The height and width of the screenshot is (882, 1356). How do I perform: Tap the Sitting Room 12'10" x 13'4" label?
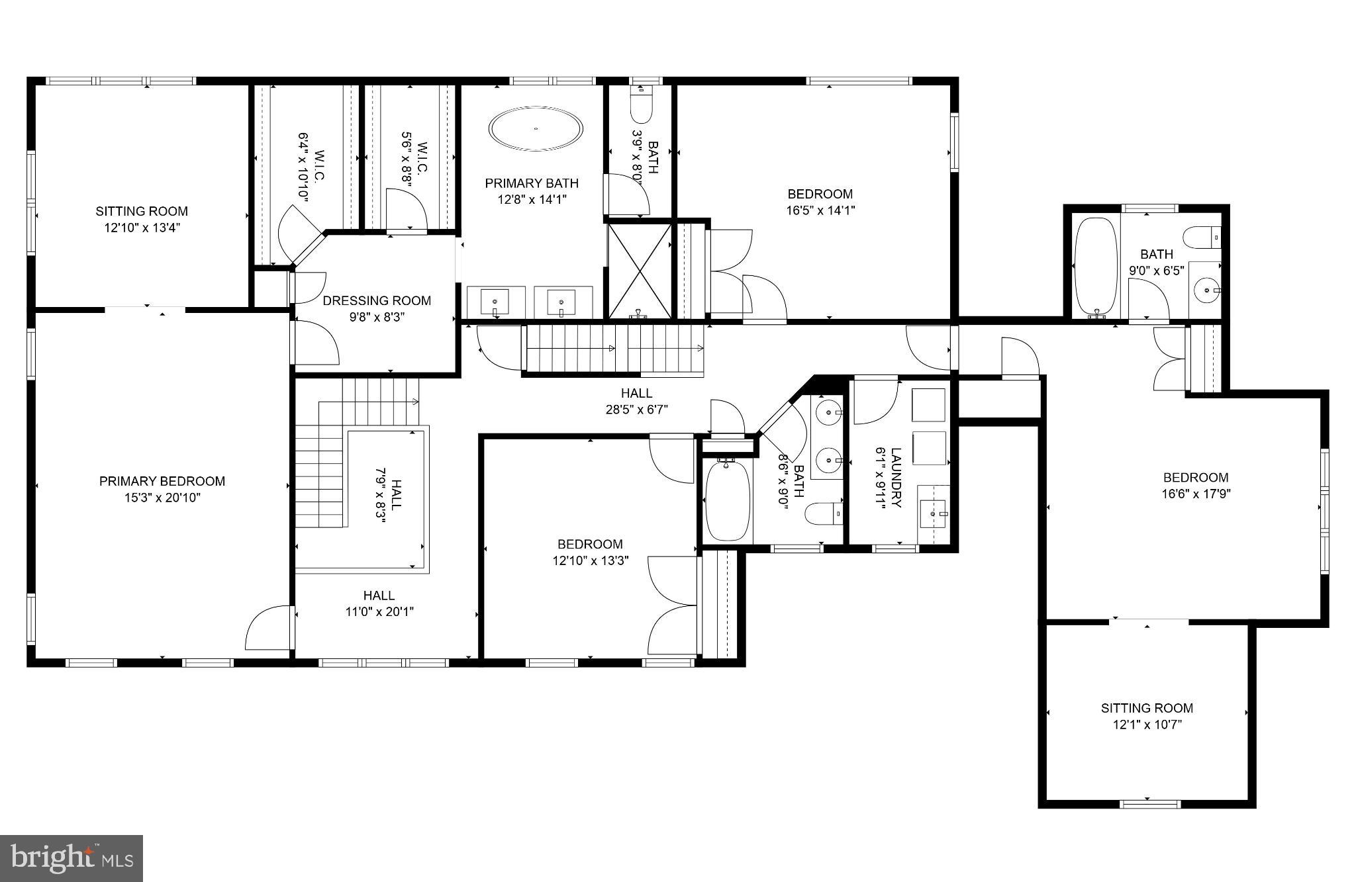coord(141,219)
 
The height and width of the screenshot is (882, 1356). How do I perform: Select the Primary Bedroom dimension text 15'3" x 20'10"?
coord(162,498)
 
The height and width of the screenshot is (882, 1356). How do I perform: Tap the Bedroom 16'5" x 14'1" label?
coord(820,202)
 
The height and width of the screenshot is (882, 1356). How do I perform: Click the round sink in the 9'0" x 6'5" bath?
coord(1206,290)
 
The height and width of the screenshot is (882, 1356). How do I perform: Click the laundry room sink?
coord(934,513)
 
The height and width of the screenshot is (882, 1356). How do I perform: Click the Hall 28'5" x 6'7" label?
coord(636,401)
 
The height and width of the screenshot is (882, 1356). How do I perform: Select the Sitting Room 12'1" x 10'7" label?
coord(1147,715)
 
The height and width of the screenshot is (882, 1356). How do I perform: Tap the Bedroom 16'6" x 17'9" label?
coord(1196,485)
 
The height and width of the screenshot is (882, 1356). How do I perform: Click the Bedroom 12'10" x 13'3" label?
coord(590,552)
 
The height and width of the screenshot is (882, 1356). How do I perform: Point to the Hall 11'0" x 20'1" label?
coord(379,603)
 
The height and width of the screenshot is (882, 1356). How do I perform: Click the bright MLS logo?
coord(72,859)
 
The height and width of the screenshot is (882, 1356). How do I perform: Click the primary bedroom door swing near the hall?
coord(268,629)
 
